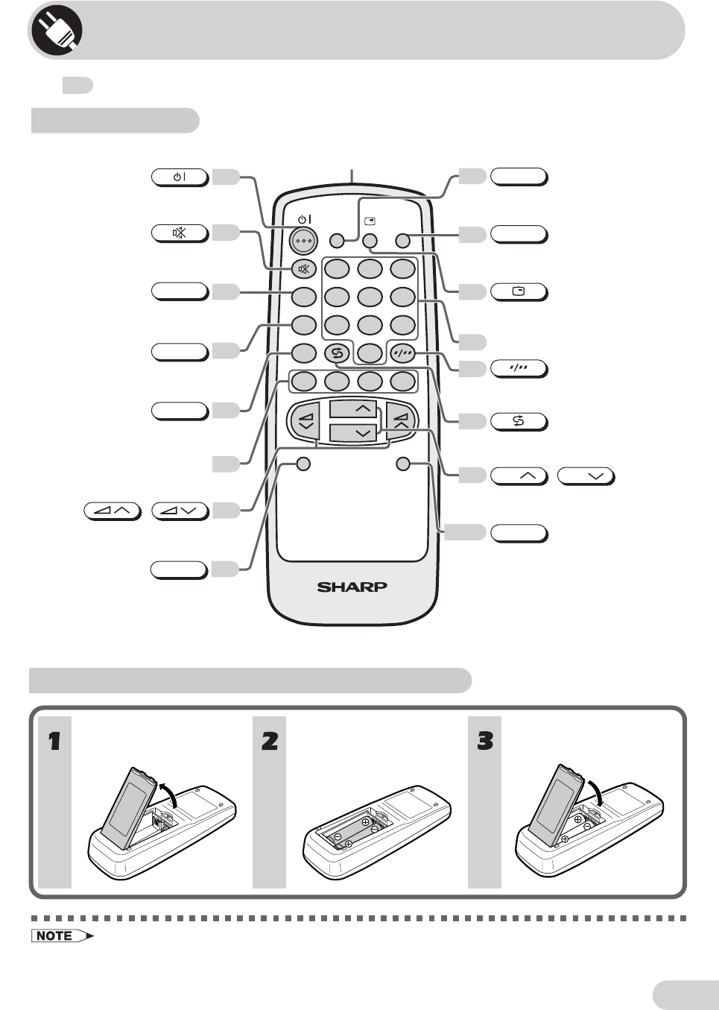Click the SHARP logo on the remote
pyautogui.click(x=352, y=587)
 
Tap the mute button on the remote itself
pyautogui.click(x=303, y=270)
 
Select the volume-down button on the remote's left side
pyautogui.click(x=305, y=422)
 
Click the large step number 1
pyautogui.click(x=54, y=741)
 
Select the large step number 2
pyautogui.click(x=269, y=741)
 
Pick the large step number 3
pyautogui.click(x=484, y=741)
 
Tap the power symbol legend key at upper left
pyautogui.click(x=179, y=178)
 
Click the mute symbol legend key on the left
pyautogui.click(x=179, y=233)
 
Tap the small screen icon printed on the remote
pyautogui.click(x=370, y=221)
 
